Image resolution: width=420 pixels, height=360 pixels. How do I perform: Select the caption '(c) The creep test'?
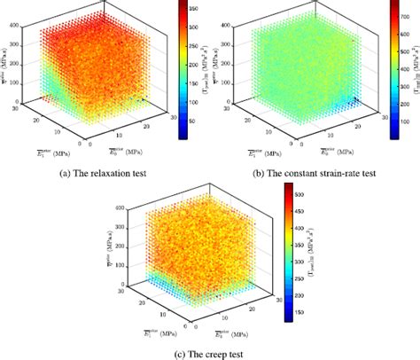(x=209, y=351)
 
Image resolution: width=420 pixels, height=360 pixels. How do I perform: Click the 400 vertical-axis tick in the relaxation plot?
(x=12, y=27)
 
